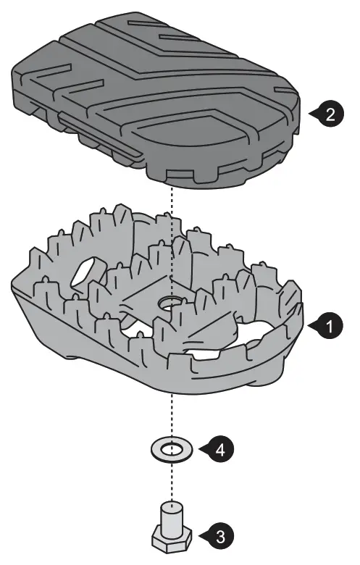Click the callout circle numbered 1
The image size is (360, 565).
click(x=330, y=327)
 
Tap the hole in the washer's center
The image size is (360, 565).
click(x=172, y=449)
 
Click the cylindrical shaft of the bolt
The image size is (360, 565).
click(x=172, y=515)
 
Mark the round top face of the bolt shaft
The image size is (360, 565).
click(x=172, y=504)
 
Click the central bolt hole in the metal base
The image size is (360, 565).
click(x=171, y=303)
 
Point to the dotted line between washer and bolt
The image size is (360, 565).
click(x=172, y=482)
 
